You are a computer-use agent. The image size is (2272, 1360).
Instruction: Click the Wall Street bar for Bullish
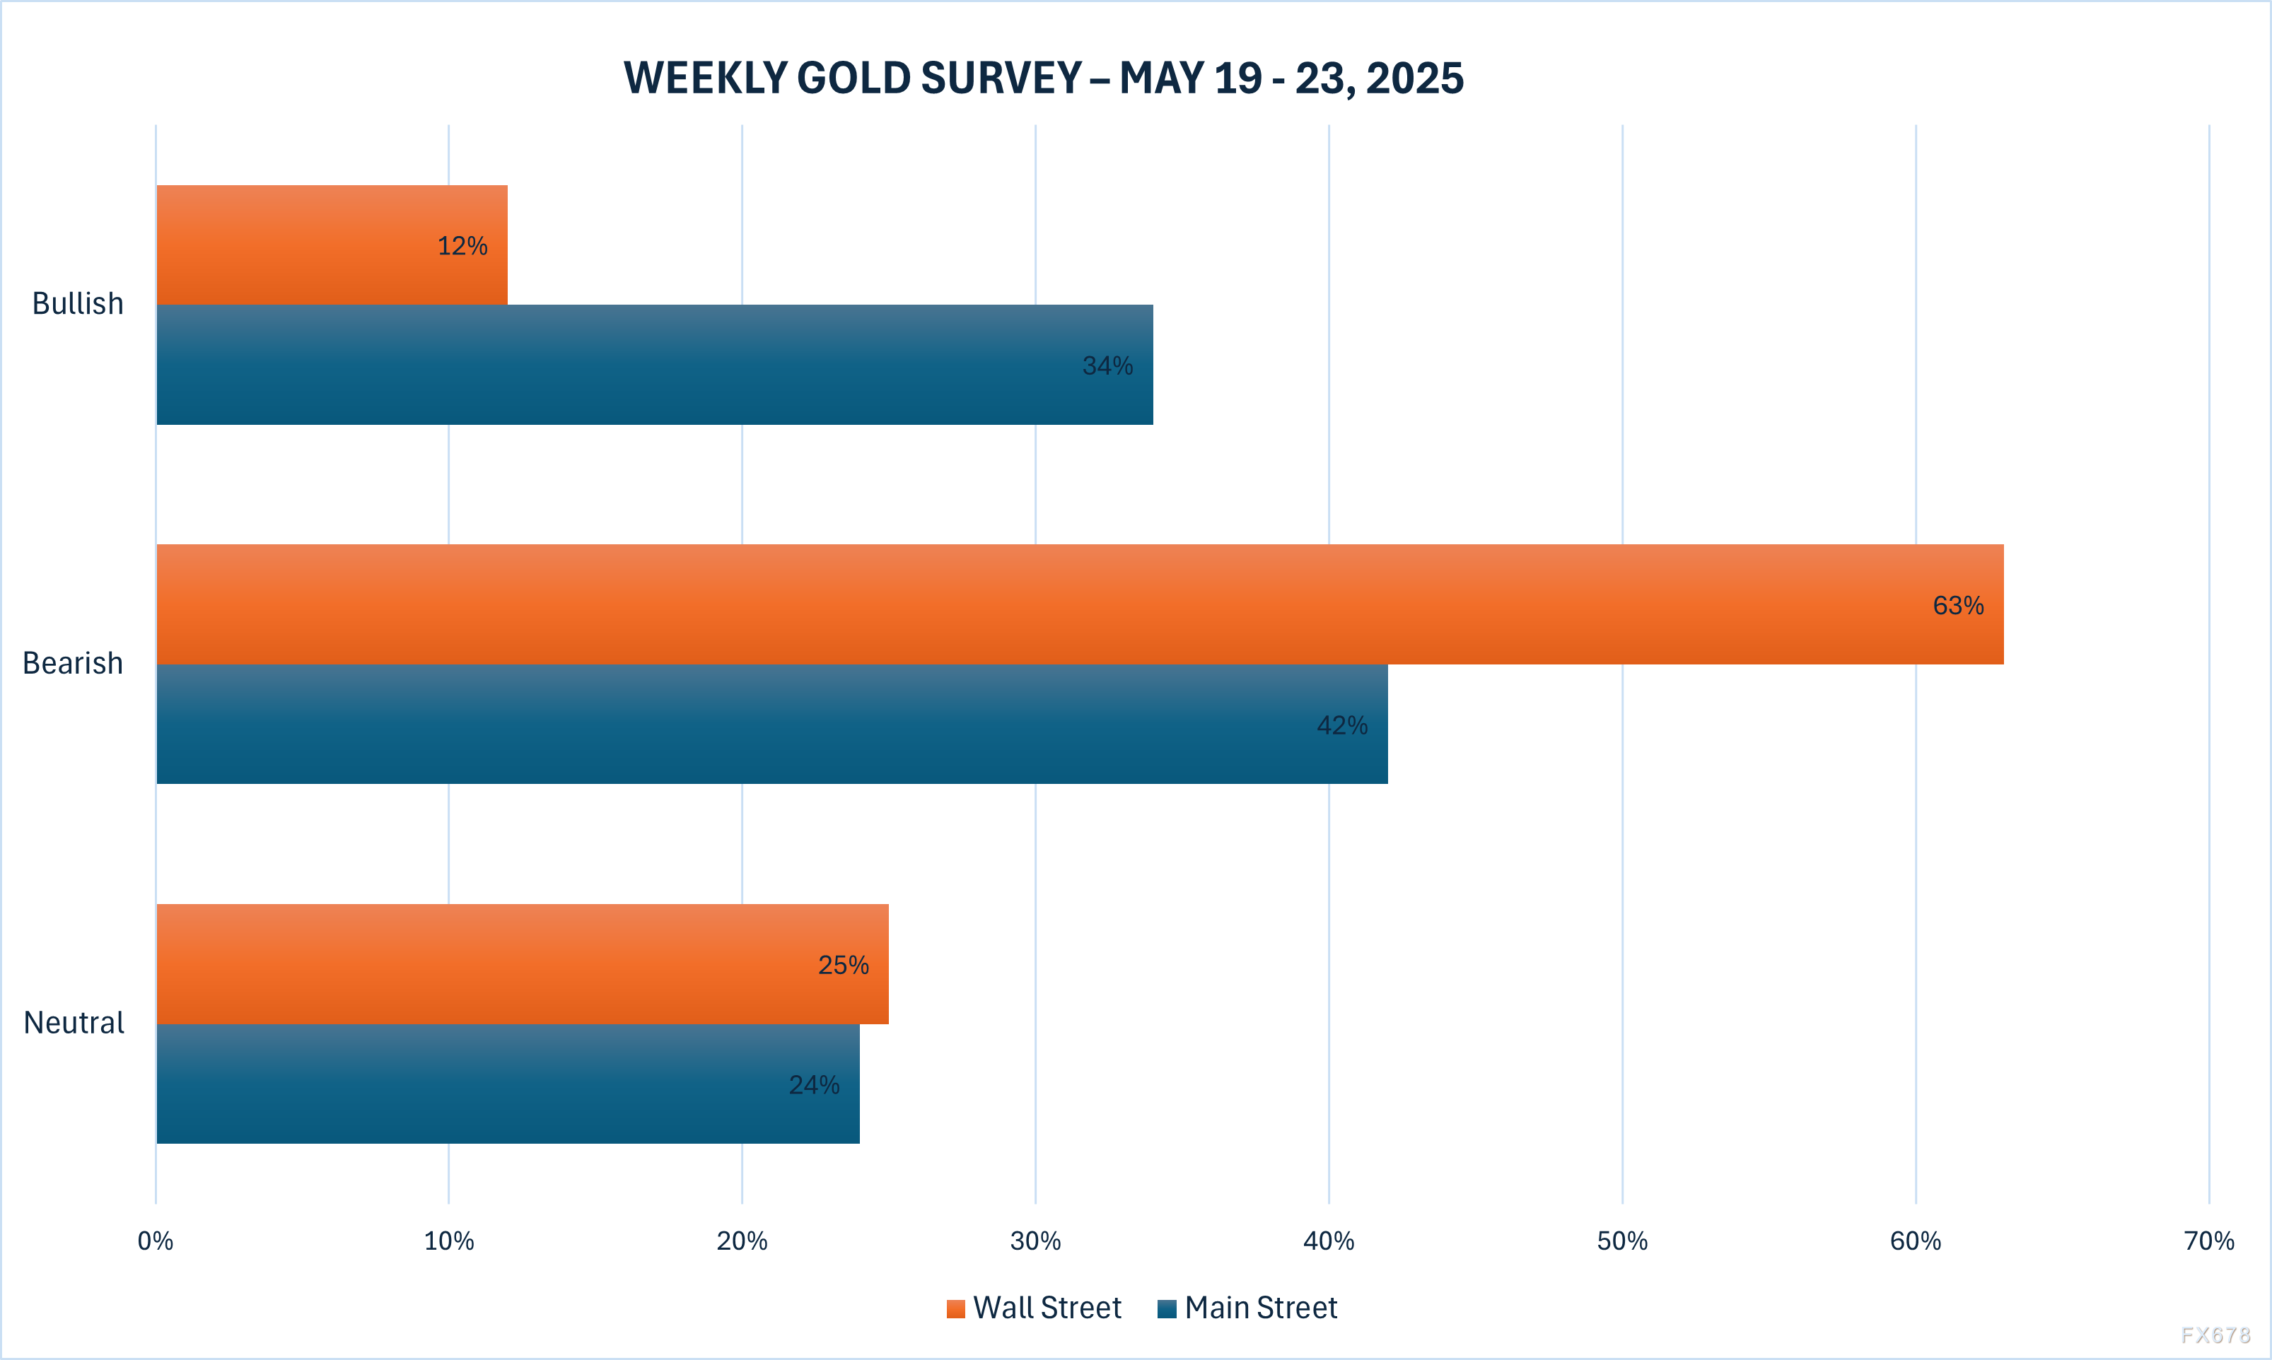tap(332, 245)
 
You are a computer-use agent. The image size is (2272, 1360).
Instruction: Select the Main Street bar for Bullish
tap(654, 365)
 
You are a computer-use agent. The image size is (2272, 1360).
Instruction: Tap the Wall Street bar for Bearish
tap(1080, 604)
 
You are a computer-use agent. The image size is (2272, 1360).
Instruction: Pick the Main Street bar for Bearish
tap(771, 724)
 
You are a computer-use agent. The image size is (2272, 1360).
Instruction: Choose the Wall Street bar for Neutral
tap(523, 964)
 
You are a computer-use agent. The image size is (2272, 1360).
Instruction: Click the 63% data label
tap(1957, 606)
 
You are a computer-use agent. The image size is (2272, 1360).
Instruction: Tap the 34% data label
tap(1107, 365)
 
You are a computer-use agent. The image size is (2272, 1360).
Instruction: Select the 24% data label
tap(814, 1085)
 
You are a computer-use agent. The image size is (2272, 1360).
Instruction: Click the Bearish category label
tap(72, 662)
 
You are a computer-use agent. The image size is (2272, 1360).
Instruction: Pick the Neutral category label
tap(74, 1022)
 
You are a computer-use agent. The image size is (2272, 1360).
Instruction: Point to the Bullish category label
tap(78, 303)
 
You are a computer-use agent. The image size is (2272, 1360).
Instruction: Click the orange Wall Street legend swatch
tap(956, 1308)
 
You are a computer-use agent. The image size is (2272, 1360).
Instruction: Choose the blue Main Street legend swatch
tap(1167, 1308)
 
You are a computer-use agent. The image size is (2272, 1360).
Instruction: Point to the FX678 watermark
tap(2215, 1335)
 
